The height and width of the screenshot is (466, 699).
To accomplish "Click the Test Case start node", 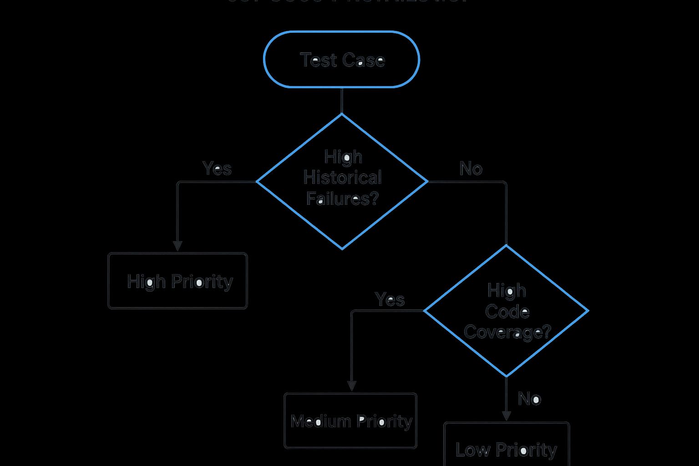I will point(341,59).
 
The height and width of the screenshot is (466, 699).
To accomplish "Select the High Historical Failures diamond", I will point(342,181).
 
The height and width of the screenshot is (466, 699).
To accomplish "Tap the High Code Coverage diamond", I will point(506,311).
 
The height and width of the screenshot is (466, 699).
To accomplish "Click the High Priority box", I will point(177,281).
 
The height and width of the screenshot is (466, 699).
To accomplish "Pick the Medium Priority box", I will point(350,421).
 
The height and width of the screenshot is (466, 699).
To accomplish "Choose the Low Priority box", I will point(506,446).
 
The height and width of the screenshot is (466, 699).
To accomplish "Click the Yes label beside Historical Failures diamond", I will point(217,168).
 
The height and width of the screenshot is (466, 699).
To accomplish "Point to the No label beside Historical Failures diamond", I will point(471,169).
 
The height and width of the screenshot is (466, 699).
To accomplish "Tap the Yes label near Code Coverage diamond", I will point(390,299).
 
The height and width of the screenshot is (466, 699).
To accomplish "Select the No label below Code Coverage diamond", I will point(529,399).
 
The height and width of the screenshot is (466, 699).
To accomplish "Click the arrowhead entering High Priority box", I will point(177,246).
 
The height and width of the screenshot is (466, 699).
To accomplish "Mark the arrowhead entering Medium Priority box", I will point(352,385).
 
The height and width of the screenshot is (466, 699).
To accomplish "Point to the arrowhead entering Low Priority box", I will point(506,415).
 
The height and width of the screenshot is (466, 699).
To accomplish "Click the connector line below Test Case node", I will point(342,100).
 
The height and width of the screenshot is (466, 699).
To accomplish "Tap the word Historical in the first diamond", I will point(342,177).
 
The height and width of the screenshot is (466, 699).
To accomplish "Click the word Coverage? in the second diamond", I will point(507,332).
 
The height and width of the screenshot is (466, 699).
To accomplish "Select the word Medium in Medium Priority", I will point(321,421).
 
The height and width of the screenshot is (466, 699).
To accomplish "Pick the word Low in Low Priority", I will point(472,450).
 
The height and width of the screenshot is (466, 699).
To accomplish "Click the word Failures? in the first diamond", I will point(342,198).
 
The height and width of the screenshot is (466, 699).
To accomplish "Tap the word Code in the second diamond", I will point(507,312).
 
